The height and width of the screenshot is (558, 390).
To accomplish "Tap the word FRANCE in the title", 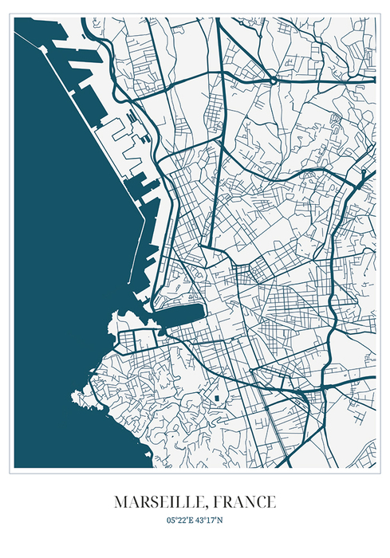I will pos(245,502).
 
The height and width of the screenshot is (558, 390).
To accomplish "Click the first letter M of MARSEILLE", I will pos(120,502).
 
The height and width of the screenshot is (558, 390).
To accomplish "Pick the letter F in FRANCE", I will pos(218,502).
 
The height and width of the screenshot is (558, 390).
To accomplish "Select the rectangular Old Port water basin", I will pos(182,318).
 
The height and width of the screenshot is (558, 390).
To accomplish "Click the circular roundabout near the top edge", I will pos(273,80).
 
